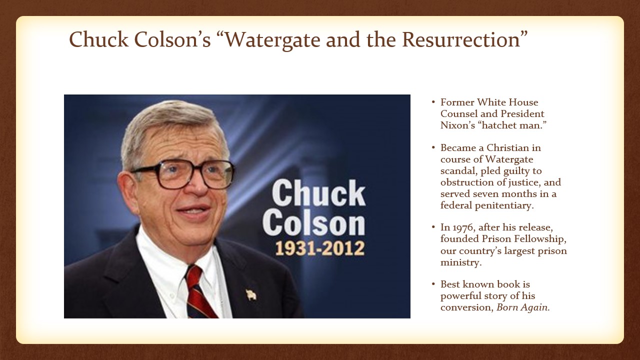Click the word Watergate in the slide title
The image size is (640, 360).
click(273, 39)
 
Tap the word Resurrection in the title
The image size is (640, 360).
click(461, 39)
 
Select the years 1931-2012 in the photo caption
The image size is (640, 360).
click(319, 248)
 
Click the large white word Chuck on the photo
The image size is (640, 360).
click(318, 192)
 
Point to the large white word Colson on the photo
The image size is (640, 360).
click(313, 223)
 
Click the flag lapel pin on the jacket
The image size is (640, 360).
click(251, 294)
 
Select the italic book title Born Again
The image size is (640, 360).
click(522, 307)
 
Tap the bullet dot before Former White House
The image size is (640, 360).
click(433, 102)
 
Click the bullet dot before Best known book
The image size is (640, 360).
click(433, 284)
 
